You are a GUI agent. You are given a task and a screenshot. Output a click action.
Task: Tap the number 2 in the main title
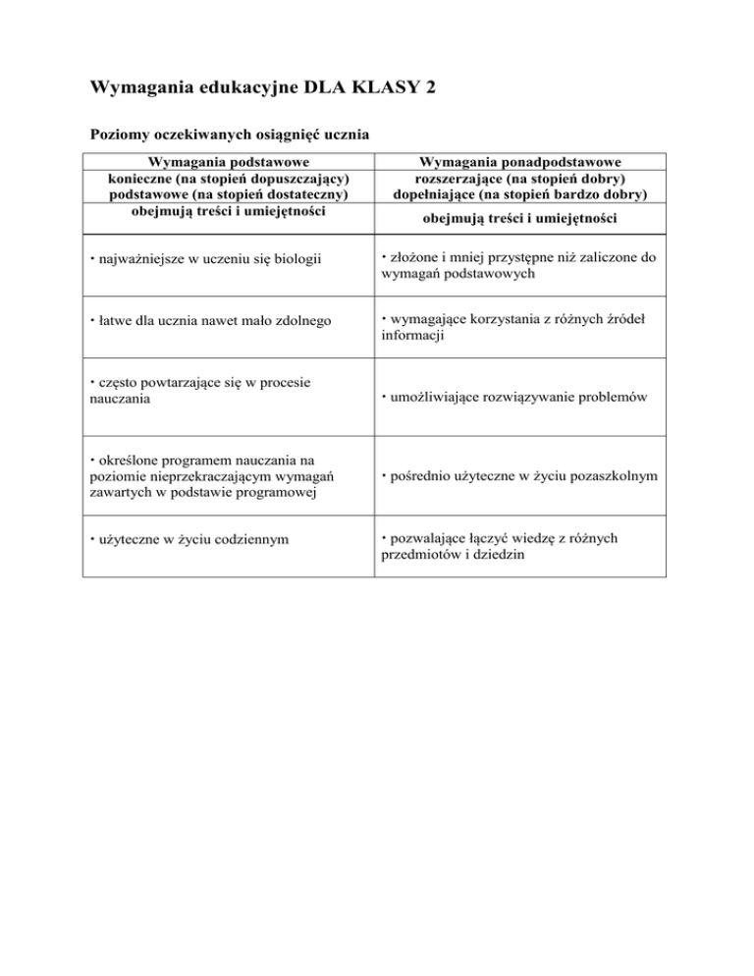(x=430, y=88)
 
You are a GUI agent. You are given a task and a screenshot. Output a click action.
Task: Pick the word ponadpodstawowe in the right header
(x=564, y=162)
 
